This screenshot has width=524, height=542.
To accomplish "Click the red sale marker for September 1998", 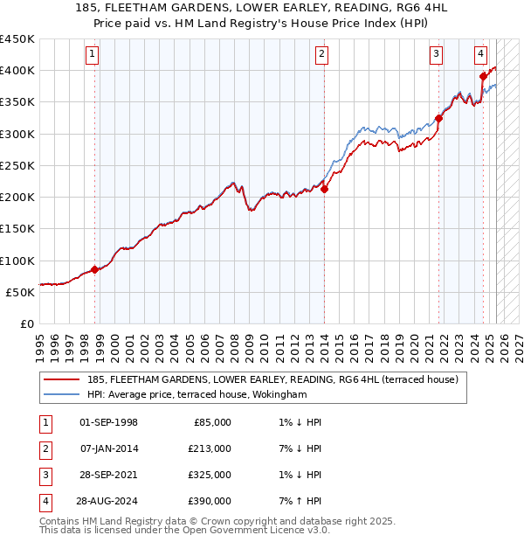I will (x=94, y=270).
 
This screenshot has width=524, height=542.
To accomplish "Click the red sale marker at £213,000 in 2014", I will (x=324, y=189).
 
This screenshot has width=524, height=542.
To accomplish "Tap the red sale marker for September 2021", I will (x=438, y=119).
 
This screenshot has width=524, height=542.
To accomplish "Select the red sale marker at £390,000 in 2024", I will (x=482, y=77).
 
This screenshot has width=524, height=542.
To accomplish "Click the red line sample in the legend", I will (x=61, y=379).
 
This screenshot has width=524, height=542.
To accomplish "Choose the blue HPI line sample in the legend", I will (x=61, y=394).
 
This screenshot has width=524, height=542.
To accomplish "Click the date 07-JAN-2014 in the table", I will (x=108, y=448).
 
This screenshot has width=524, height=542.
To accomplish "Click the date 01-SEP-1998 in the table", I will (x=108, y=422).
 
